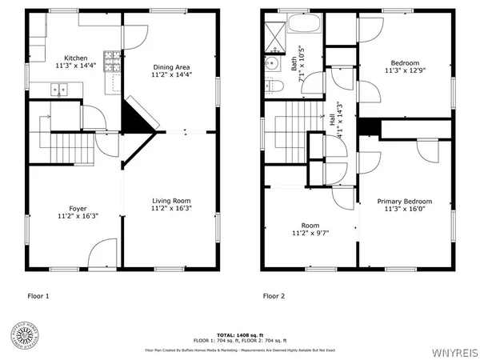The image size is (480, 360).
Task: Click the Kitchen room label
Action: tap(76, 58)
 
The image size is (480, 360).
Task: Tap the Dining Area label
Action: tap(172, 65)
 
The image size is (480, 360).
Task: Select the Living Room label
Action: tap(171, 201)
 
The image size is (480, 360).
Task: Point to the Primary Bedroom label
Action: tap(405, 202)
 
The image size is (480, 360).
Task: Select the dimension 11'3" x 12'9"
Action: tap(405, 73)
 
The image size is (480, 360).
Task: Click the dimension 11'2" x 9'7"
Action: tap(310, 234)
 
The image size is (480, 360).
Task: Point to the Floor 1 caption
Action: tap(38, 296)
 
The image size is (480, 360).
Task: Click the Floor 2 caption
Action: tap(274, 296)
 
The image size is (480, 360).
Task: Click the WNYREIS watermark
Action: tap(456, 350)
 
